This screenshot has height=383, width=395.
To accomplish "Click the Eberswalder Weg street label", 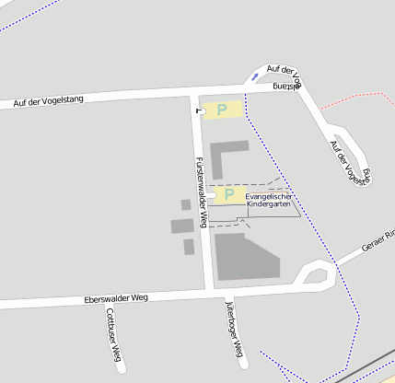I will (116, 298).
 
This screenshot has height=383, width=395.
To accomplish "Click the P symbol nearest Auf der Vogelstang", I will (222, 110).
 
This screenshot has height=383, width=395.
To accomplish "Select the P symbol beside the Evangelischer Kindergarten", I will (227, 195).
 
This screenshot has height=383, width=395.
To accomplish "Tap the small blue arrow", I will (255, 78).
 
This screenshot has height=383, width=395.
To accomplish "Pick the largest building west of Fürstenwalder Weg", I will (181, 226).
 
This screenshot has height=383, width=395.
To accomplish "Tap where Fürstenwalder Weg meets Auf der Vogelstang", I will (194, 93).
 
